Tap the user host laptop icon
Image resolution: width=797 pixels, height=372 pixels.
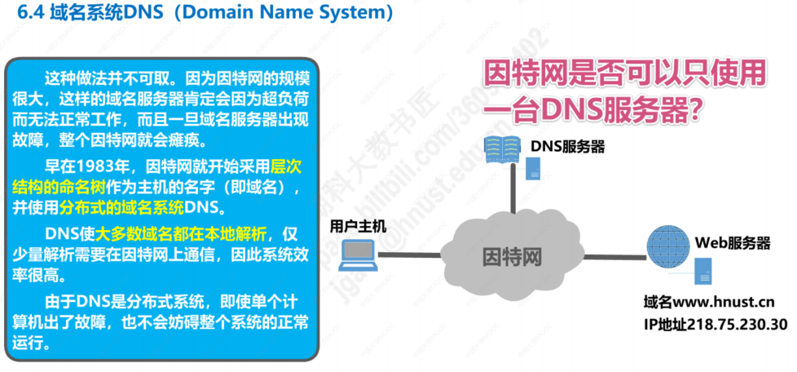[x=359, y=254]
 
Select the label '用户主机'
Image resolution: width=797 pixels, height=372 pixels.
[x=358, y=225]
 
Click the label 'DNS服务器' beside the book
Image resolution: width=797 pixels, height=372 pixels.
[x=568, y=148]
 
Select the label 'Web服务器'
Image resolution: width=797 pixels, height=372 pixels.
[x=733, y=242]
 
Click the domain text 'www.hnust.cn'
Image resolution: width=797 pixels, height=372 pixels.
[x=724, y=303]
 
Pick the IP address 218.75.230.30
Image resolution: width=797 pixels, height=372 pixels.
[x=738, y=324]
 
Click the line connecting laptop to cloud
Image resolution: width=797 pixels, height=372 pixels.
[x=408, y=254]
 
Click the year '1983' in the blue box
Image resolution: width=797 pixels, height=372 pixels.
[x=94, y=166]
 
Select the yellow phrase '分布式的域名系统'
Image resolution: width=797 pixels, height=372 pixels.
[x=121, y=207]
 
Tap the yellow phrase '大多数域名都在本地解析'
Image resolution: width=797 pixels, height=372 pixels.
[x=180, y=234]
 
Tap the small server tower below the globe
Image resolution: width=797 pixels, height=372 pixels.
[x=704, y=271]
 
